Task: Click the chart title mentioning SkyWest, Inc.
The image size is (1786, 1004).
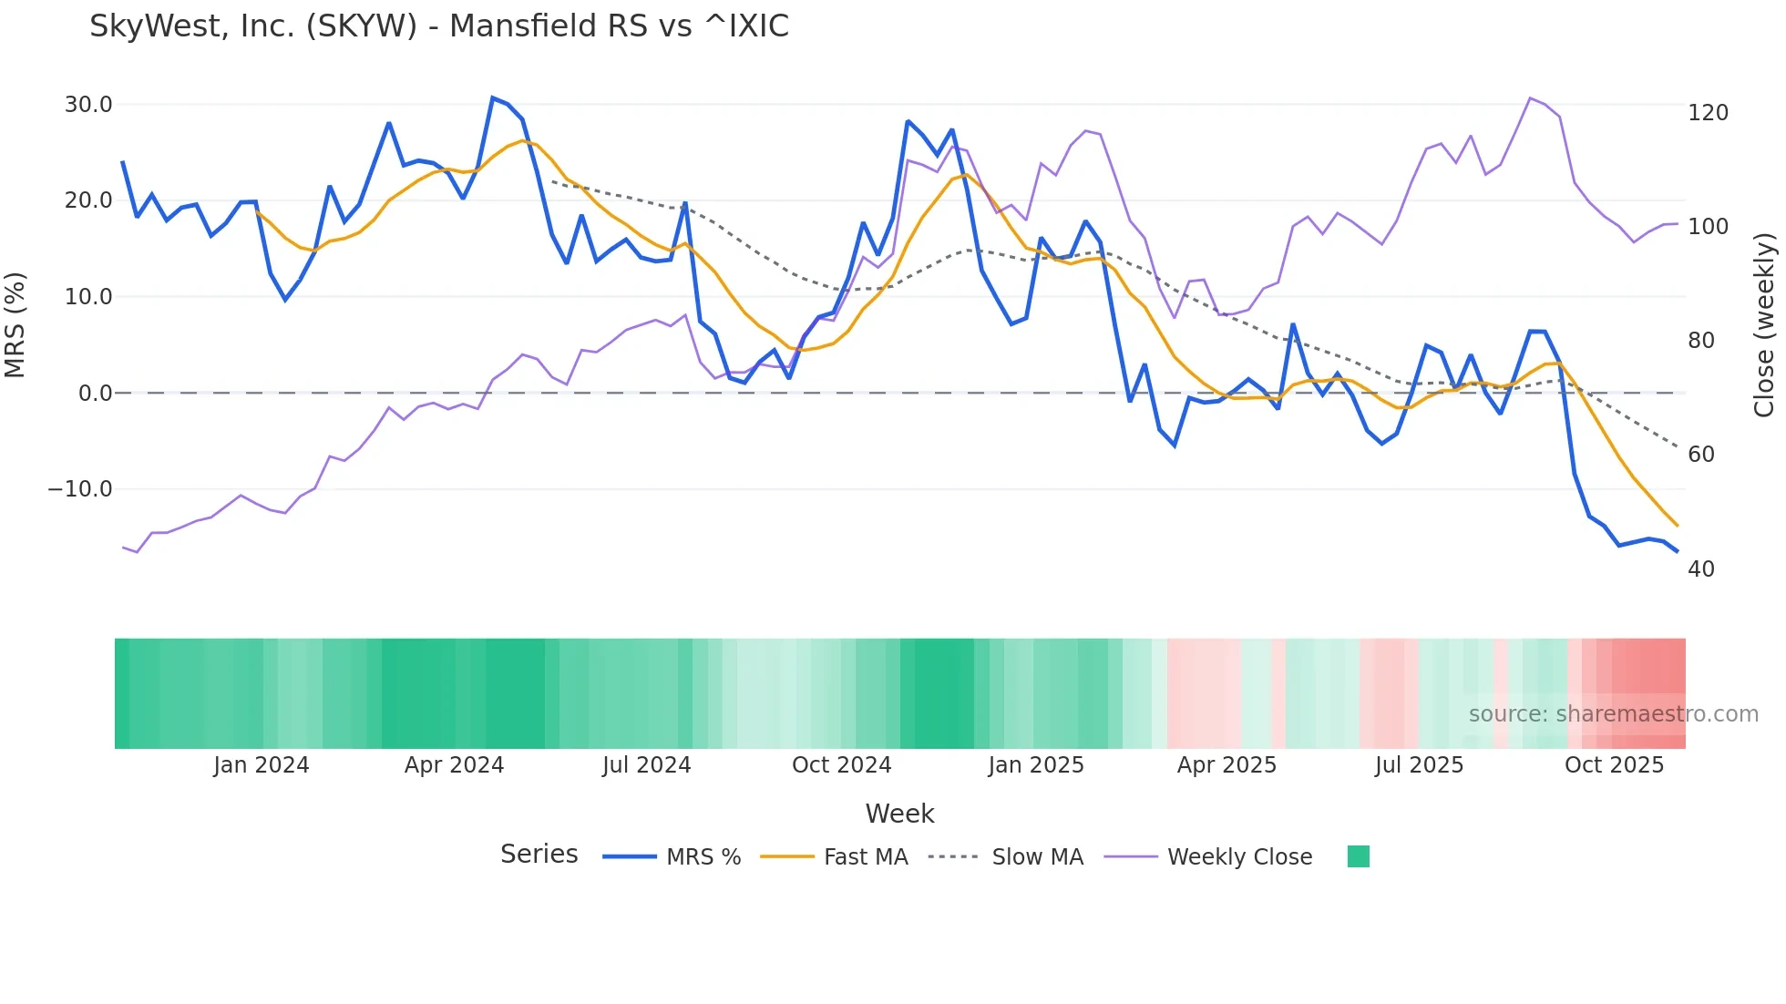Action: pyautogui.click(x=439, y=26)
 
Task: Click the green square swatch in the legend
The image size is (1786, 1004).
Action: pyautogui.click(x=1358, y=856)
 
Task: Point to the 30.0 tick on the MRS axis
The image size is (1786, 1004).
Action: pyautogui.click(x=88, y=105)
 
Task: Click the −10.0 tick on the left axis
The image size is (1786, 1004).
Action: pyautogui.click(x=80, y=489)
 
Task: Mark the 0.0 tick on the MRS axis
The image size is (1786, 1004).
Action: pyautogui.click(x=96, y=394)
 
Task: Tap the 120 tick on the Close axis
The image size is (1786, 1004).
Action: pyautogui.click(x=1708, y=113)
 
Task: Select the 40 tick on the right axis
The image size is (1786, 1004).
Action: pyautogui.click(x=1701, y=569)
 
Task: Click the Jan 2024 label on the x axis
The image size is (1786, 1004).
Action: pyautogui.click(x=262, y=765)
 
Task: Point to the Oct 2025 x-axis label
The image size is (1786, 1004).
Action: pyautogui.click(x=1614, y=765)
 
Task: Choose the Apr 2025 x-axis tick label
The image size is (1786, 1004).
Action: pyautogui.click(x=1227, y=765)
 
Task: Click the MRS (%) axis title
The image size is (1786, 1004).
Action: pyautogui.click(x=15, y=325)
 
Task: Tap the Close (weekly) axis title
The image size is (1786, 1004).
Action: pyautogui.click(x=1764, y=325)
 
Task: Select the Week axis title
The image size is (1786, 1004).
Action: pyautogui.click(x=899, y=814)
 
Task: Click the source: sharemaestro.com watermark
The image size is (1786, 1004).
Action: pyautogui.click(x=1613, y=714)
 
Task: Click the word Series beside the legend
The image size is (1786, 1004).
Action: pyautogui.click(x=539, y=855)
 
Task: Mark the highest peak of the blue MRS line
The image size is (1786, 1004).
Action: pyautogui.click(x=492, y=97)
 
